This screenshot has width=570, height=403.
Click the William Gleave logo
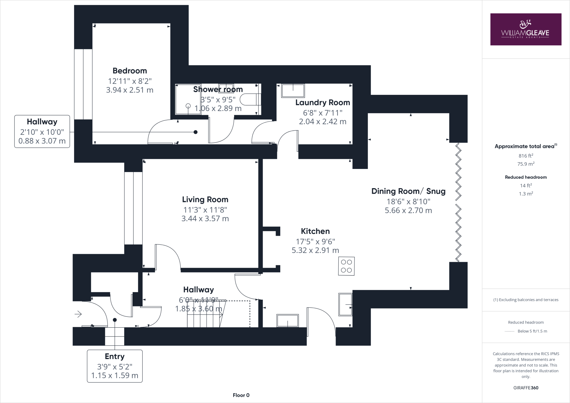click(x=525, y=30)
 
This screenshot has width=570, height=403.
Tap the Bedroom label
click(x=130, y=71)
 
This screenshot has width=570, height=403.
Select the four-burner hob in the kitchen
click(x=346, y=266)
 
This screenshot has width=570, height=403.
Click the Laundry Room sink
click(x=293, y=91)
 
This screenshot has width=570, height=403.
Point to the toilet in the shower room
click(x=249, y=100)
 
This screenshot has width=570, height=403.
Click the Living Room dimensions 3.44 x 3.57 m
click(x=205, y=219)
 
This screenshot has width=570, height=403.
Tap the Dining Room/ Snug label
click(x=408, y=191)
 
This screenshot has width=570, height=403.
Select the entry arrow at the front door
click(x=78, y=314)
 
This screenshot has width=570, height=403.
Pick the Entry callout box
click(x=115, y=366)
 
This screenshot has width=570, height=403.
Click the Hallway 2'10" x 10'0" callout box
click(x=42, y=131)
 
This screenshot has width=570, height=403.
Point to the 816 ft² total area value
click(x=525, y=156)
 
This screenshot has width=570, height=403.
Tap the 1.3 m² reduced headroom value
click(x=525, y=194)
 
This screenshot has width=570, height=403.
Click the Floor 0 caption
click(x=241, y=395)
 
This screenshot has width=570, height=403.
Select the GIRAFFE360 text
click(x=525, y=388)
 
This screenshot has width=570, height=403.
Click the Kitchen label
click(x=315, y=231)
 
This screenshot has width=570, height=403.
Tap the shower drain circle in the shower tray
click(x=188, y=106)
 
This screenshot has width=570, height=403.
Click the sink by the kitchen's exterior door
click(x=288, y=321)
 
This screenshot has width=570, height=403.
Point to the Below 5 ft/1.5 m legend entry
click(x=532, y=331)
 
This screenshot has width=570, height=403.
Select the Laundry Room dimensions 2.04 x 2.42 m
click(x=322, y=122)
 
